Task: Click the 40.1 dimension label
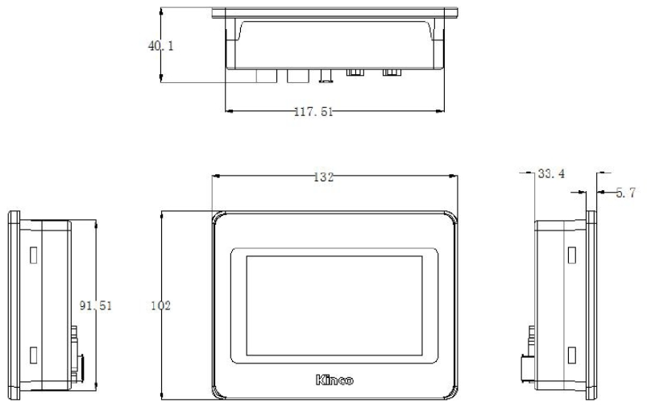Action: click(161, 46)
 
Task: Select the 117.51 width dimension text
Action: click(313, 111)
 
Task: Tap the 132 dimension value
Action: click(324, 177)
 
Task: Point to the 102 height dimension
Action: click(160, 305)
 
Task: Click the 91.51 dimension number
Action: click(96, 305)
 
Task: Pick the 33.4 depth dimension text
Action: click(551, 174)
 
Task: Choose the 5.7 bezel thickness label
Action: click(625, 193)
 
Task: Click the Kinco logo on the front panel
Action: click(334, 380)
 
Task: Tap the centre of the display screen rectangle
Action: click(334, 305)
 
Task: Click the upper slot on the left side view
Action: click(33, 255)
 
